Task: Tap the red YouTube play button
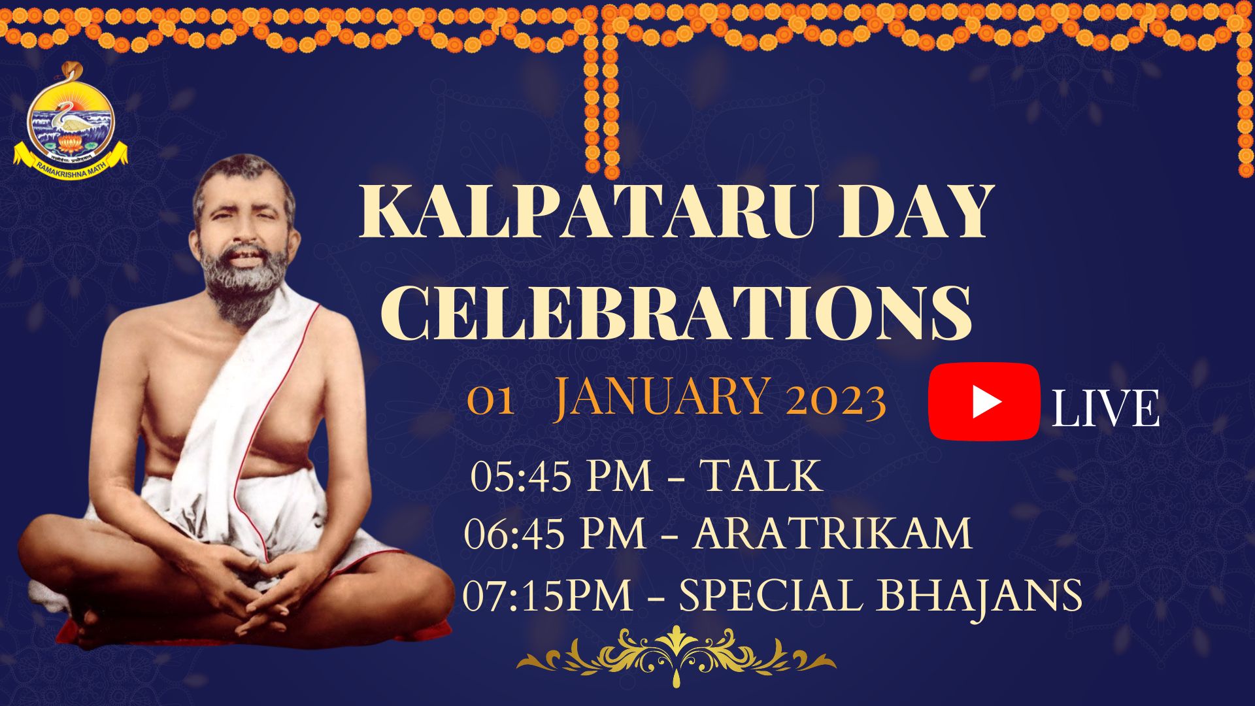click(x=984, y=401)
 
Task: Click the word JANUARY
click(x=660, y=398)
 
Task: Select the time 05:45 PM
click(x=562, y=476)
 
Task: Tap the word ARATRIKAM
click(x=833, y=533)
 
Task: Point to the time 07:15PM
click(x=548, y=596)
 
